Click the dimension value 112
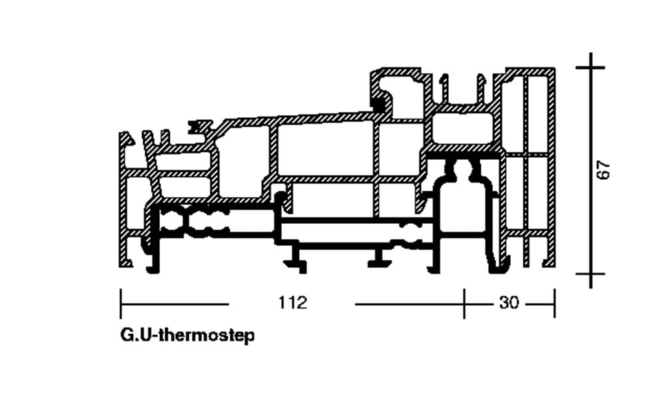[x=292, y=303]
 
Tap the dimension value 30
[x=509, y=303]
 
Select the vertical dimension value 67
[x=603, y=170]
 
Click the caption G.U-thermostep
[x=187, y=336]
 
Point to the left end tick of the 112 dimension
[x=121, y=304]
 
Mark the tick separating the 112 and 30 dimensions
[x=464, y=304]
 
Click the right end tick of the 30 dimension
[x=554, y=304]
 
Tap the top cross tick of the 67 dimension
[x=590, y=67]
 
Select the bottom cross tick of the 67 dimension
[x=590, y=274]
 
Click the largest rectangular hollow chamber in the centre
[x=326, y=149]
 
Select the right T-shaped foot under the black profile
[x=380, y=258]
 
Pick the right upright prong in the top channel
[x=481, y=89]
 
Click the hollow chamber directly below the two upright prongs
[x=463, y=127]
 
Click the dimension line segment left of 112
[x=175, y=304]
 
